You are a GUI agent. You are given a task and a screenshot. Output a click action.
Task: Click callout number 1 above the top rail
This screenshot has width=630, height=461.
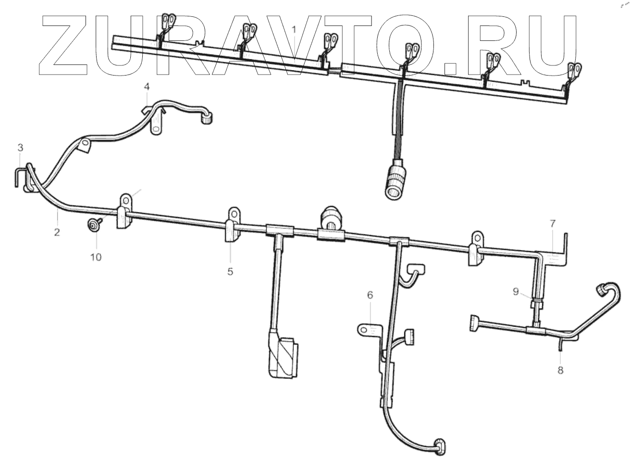294,30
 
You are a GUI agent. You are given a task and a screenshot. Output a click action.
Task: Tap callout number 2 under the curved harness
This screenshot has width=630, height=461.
57,231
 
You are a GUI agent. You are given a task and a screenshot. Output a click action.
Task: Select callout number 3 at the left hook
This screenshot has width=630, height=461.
20,147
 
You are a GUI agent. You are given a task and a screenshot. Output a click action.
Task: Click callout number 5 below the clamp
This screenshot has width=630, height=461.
230,271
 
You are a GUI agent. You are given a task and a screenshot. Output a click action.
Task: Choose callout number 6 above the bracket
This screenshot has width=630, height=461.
370,295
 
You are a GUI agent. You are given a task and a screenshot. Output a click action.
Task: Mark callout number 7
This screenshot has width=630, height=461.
553,223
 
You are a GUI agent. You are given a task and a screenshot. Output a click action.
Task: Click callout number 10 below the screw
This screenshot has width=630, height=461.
96,257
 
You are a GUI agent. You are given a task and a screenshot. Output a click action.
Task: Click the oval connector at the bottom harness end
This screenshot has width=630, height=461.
440,446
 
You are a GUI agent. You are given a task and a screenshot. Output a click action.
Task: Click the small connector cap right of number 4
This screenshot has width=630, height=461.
207,118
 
